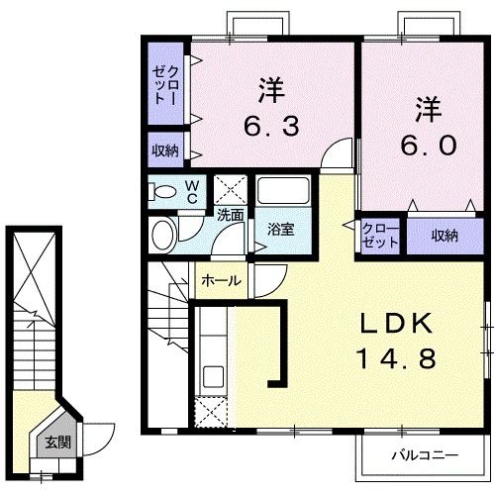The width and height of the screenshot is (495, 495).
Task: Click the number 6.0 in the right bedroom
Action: tap(428, 145)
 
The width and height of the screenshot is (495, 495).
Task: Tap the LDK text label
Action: tap(394, 324)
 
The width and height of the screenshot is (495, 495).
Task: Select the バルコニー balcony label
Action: tap(423, 456)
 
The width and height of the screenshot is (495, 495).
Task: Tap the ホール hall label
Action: tap(221, 281)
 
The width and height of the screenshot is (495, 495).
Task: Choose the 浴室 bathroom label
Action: tap(280, 230)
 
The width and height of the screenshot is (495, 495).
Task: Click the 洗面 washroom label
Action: tap(231, 214)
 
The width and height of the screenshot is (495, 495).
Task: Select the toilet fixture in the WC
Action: tap(166, 192)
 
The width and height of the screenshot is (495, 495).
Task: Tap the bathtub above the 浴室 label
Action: tap(284, 193)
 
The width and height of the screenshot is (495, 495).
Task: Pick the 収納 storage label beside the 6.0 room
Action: tap(445, 235)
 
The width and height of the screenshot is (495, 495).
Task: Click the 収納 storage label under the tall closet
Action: tap(164, 150)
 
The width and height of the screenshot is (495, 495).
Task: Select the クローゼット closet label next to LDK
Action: tap(380, 235)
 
